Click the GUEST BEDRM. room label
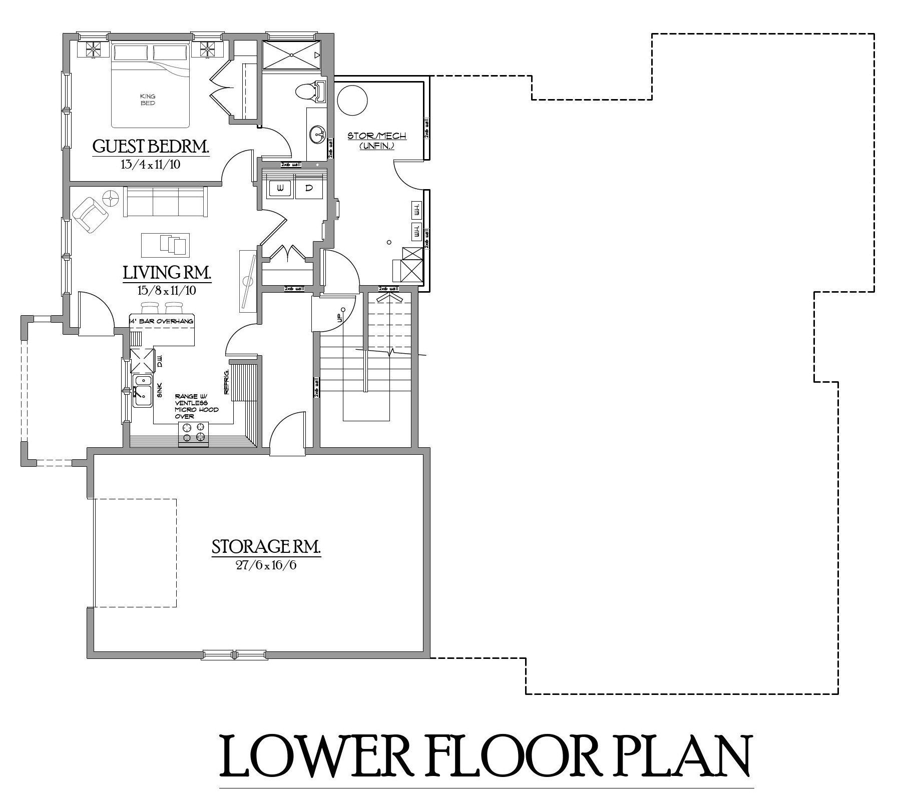(x=150, y=147)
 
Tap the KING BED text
(x=148, y=100)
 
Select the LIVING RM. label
(x=167, y=273)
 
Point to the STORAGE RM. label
(x=266, y=547)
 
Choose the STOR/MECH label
(x=376, y=136)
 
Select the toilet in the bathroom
(x=308, y=92)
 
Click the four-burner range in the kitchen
(x=194, y=432)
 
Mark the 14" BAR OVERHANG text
(x=161, y=321)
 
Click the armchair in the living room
(x=90, y=214)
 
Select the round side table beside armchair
(x=111, y=199)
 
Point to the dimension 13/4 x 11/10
(x=150, y=164)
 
